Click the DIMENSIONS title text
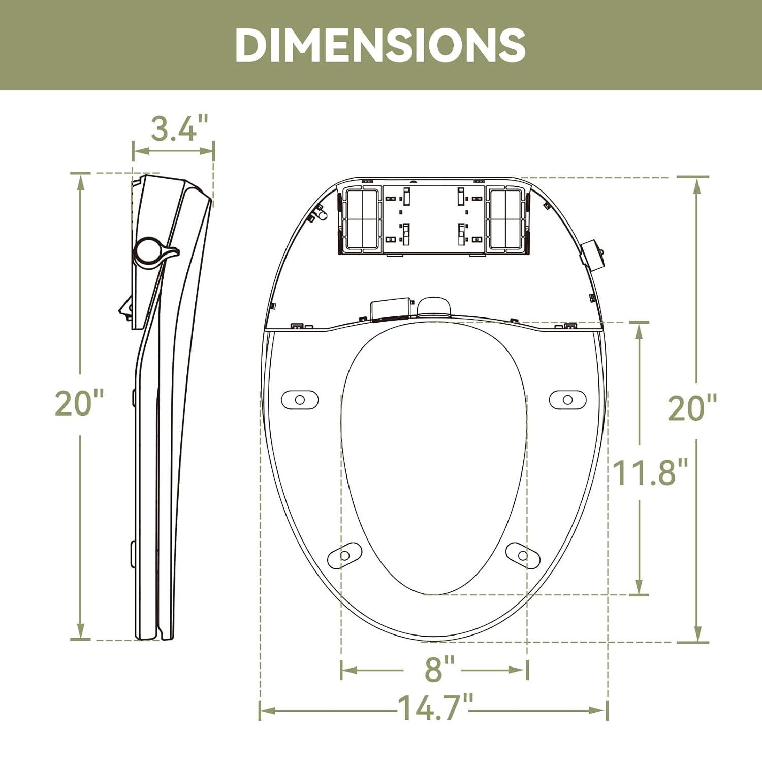[x=380, y=45]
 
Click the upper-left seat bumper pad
[x=300, y=400]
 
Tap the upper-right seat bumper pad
[x=568, y=400]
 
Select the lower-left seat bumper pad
[x=345, y=555]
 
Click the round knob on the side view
[x=148, y=250]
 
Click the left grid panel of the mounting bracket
[x=361, y=219]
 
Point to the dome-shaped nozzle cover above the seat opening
[x=434, y=307]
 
